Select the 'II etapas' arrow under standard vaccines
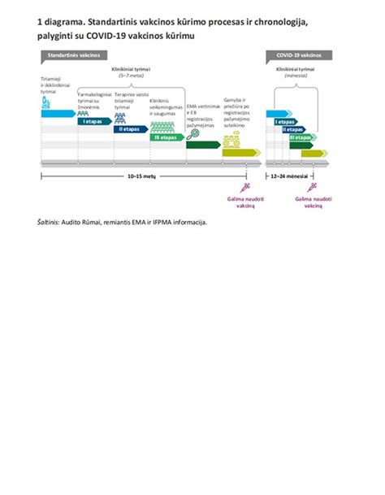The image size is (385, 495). click(x=129, y=128)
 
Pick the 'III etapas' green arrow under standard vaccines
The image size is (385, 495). click(x=166, y=137)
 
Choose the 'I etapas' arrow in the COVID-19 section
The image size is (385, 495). click(x=283, y=120)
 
